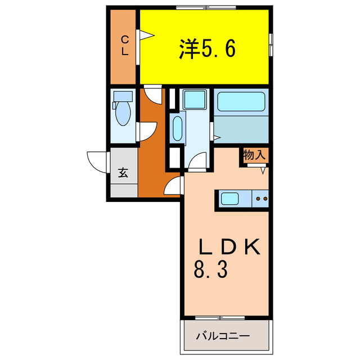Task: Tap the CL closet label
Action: pos(125,44)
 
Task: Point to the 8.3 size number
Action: pos(210,271)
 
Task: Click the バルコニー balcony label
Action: pos(222,337)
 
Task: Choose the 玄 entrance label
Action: pos(123,173)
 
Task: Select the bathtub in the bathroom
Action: pos(241,102)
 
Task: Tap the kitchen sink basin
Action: pos(231,198)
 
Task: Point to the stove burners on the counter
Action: pos(262,198)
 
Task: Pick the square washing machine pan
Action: pos(195,101)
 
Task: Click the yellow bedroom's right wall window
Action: pos(271,44)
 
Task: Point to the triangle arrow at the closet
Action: pos(146,36)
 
